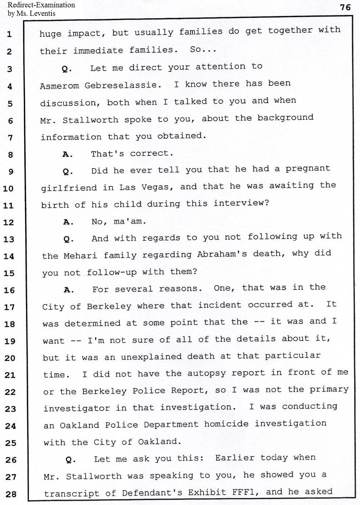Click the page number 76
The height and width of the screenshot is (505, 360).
[345, 7]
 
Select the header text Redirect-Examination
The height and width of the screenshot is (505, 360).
[41, 5]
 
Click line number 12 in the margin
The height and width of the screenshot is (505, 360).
[8, 222]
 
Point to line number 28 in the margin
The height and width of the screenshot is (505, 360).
[11, 494]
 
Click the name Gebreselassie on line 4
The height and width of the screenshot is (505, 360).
[123, 85]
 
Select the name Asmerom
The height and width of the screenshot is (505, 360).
[59, 86]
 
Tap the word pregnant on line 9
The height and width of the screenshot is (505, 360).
[308, 169]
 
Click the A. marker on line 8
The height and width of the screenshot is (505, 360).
[68, 155]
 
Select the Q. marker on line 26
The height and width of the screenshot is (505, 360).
[71, 460]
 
